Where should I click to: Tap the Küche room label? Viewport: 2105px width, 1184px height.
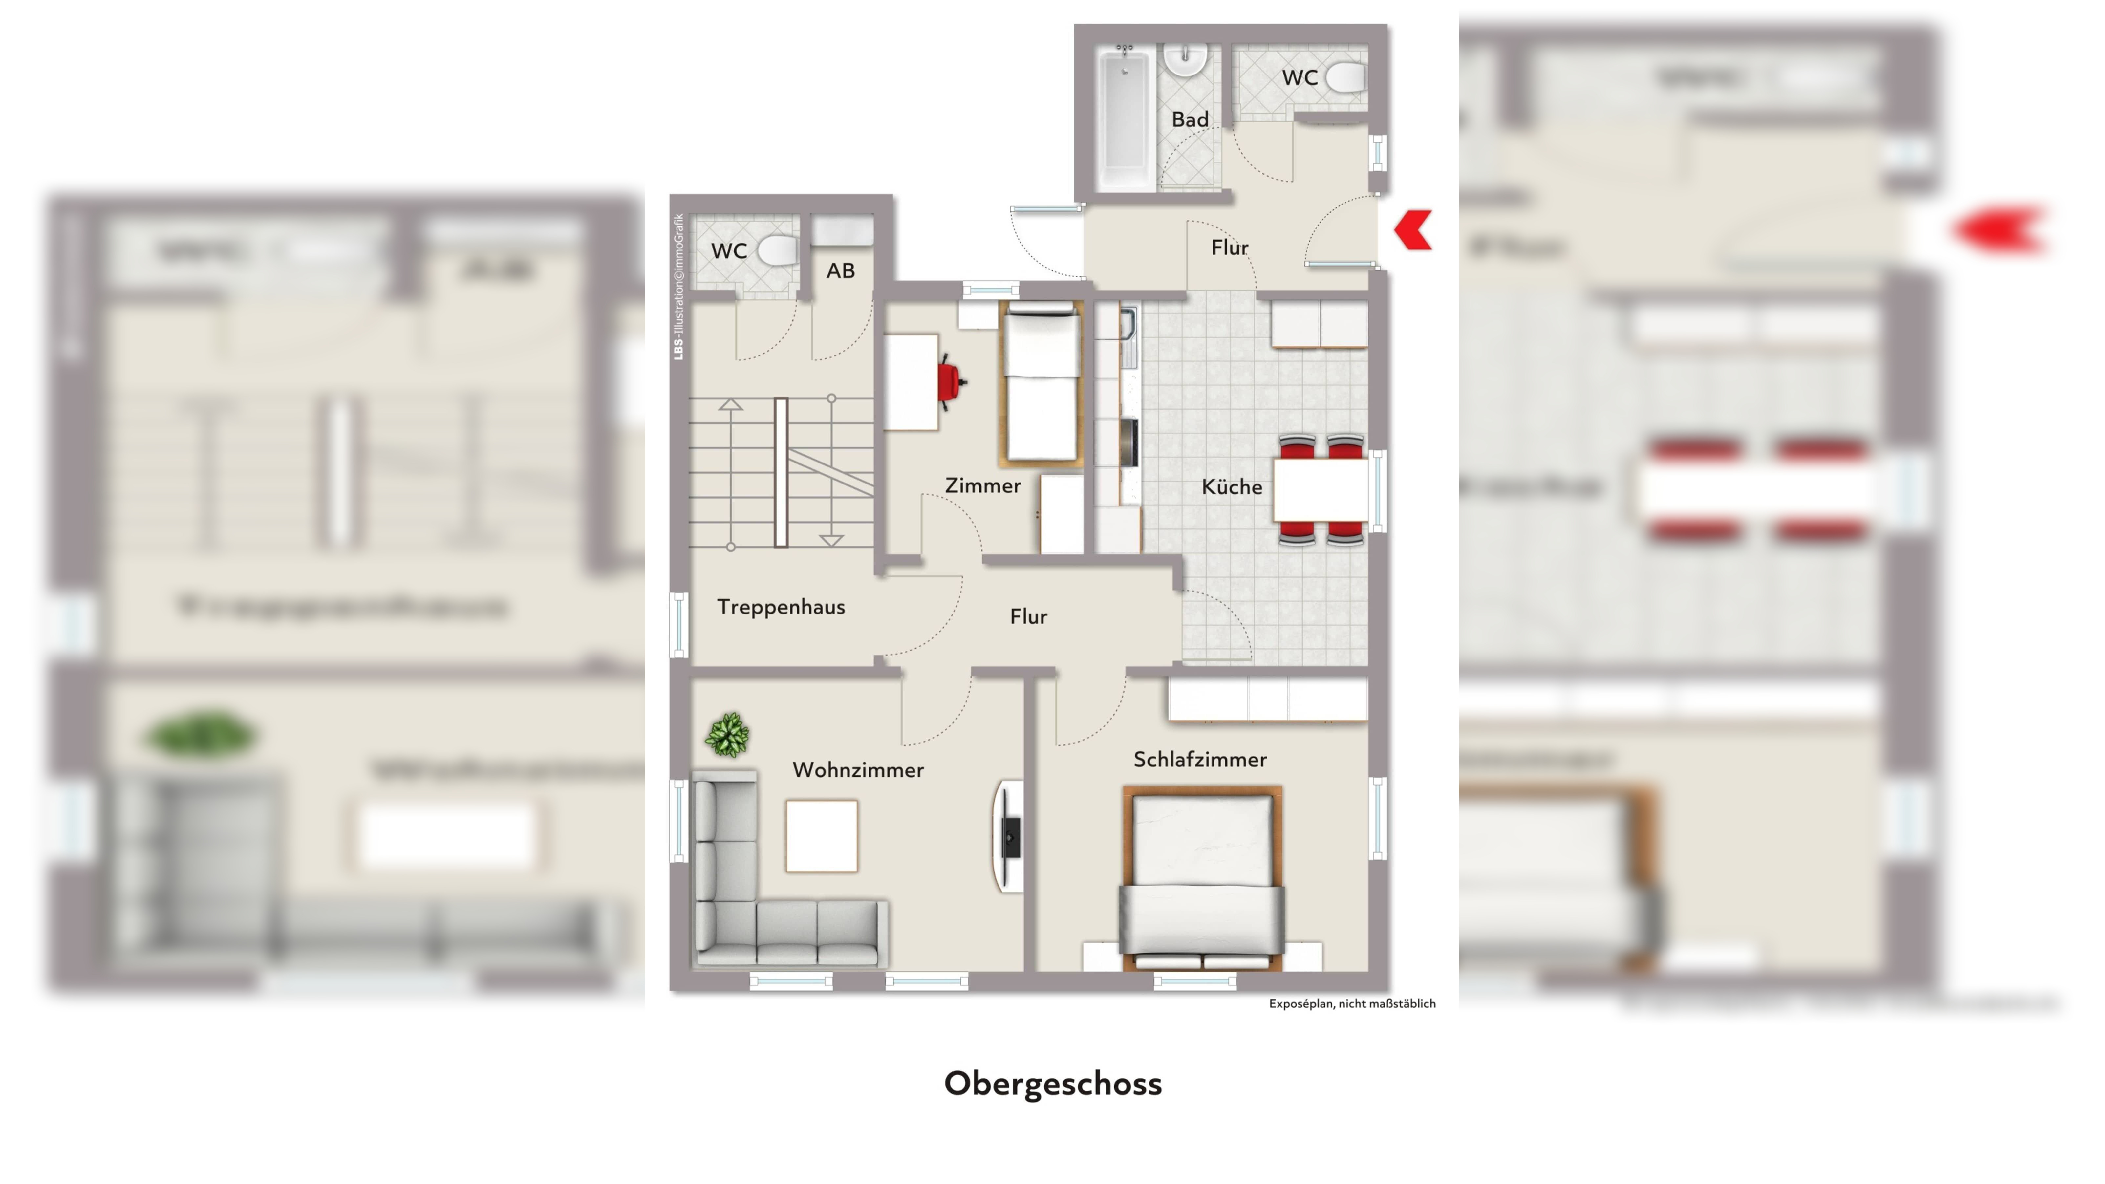(1232, 487)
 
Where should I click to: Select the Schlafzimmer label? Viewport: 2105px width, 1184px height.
(1200, 759)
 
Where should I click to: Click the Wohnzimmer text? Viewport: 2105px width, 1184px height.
(858, 770)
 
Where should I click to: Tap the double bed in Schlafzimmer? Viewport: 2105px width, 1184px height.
(1201, 878)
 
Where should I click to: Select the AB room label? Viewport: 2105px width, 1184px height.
(840, 270)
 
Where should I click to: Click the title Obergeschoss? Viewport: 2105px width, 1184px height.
(1052, 1084)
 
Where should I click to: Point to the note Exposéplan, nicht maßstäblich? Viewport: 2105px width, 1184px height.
(1352, 1003)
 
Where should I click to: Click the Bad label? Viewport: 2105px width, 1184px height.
(1190, 119)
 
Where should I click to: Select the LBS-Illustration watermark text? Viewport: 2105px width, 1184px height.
(678, 286)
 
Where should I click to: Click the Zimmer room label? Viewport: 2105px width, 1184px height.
(982, 485)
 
